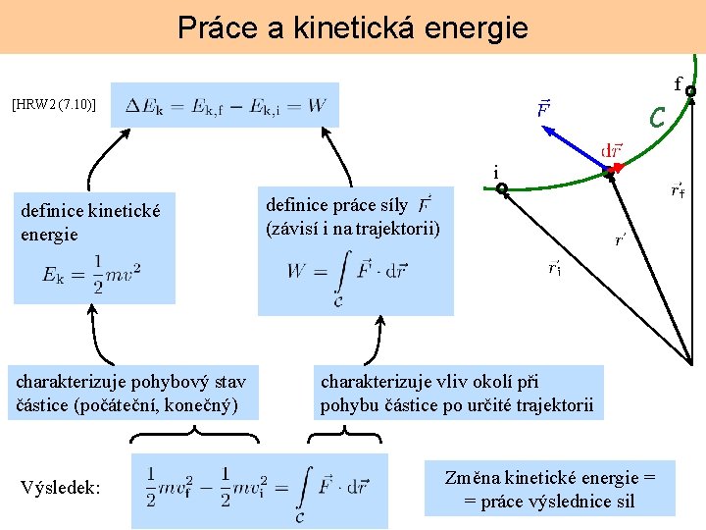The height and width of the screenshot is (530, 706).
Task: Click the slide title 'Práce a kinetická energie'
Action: tap(353, 26)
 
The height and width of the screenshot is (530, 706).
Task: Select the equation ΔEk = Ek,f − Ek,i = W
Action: tap(226, 105)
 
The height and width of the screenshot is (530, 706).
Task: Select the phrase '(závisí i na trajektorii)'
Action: tap(353, 229)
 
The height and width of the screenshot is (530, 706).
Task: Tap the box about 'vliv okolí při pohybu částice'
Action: tap(457, 393)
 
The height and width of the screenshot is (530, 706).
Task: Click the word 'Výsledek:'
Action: tap(60, 488)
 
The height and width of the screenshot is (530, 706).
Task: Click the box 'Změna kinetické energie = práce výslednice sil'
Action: tap(549, 489)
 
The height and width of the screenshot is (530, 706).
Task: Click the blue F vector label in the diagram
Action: tap(541, 106)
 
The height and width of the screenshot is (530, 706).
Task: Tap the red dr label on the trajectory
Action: tap(610, 151)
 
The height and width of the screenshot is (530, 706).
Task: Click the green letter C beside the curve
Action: tap(658, 117)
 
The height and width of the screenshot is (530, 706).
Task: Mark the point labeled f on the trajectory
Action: tap(690, 92)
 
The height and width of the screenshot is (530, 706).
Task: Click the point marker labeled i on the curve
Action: tap(499, 186)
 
